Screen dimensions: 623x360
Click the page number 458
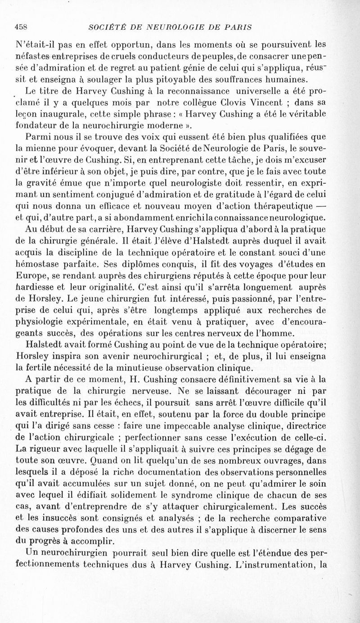coord(22,26)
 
